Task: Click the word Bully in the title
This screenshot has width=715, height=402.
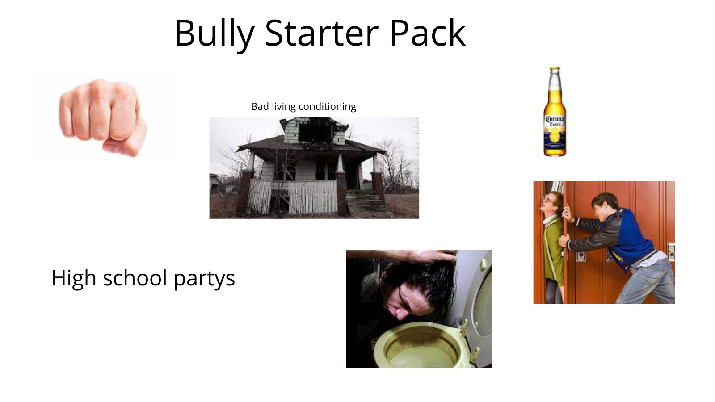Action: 214,33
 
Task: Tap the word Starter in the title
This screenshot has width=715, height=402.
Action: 321,33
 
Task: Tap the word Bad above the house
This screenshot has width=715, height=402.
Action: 260,106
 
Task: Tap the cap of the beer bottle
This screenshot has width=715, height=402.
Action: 555,70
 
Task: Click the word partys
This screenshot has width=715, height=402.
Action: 204,279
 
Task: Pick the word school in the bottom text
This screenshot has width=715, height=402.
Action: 136,278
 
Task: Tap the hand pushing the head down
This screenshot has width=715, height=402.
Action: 429,256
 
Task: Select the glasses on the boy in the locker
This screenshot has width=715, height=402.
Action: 548,200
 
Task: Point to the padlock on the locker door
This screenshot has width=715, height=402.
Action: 581,256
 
